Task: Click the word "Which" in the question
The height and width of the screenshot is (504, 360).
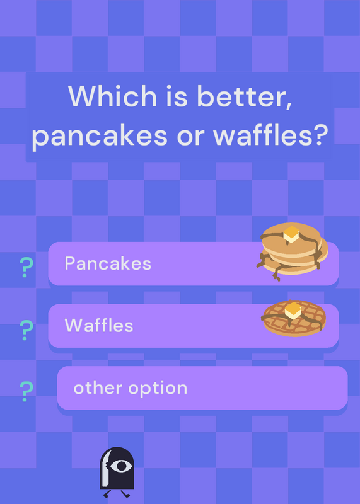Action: [112, 96]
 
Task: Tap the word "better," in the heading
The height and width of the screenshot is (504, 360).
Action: [245, 96]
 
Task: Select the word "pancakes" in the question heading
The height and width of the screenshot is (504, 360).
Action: [100, 135]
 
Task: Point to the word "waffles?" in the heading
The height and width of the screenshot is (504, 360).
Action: [270, 134]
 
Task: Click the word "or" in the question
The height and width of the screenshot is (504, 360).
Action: [190, 137]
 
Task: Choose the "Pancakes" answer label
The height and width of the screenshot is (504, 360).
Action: [108, 263]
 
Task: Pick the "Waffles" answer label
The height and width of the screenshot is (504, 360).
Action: [99, 325]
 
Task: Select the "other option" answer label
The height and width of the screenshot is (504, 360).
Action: [131, 388]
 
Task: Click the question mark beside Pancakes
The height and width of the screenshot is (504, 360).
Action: [26, 267]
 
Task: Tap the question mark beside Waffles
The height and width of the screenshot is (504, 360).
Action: [26, 330]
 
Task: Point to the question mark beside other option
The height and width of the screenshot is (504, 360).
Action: [26, 391]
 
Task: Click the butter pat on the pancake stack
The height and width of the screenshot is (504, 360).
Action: [291, 234]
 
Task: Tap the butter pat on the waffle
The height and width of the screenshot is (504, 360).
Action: [293, 310]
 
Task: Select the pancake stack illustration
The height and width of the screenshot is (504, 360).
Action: [292, 251]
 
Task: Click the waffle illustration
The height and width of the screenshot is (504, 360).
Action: [294, 318]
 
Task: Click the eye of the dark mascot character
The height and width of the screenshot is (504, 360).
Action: [121, 466]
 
